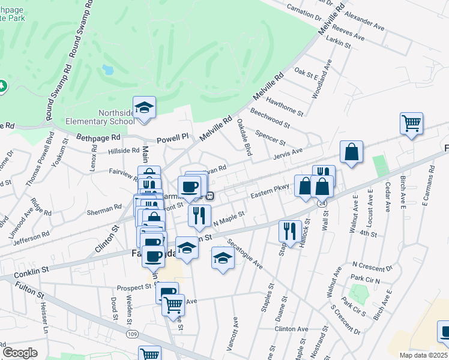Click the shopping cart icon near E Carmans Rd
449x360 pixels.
coord(411,124)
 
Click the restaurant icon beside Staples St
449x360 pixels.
coord(290,231)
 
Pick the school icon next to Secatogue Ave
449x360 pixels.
coord(223,259)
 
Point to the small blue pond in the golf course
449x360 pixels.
coord(108,70)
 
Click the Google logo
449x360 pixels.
coord(20,353)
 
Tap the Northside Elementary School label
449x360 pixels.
coord(116,116)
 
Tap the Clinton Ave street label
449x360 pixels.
coord(291,329)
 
